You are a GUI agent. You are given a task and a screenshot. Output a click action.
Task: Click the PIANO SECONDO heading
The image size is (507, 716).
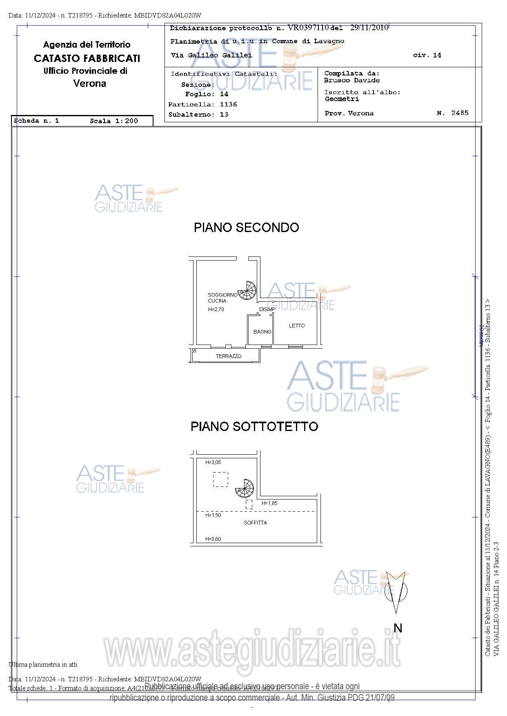pos(246,228)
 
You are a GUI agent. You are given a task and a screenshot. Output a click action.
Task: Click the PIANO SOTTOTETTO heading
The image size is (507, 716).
pos(254,427)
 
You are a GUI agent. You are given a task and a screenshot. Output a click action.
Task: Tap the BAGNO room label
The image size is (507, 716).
pos(262,332)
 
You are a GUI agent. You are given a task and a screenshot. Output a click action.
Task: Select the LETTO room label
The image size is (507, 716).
pos(297,326)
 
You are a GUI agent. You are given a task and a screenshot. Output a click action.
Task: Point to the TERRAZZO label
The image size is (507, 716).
pos(229,356)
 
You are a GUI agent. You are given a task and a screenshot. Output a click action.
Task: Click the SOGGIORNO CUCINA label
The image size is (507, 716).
pos(222,298)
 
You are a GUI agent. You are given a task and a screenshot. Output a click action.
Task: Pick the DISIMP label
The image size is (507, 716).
pos(267,309)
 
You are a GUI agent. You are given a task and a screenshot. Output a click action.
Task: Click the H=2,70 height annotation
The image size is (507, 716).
pos(216,309)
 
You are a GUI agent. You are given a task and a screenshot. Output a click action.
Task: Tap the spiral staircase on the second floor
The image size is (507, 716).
pos(247,290)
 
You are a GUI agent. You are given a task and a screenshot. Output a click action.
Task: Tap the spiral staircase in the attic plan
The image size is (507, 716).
pos(245,488)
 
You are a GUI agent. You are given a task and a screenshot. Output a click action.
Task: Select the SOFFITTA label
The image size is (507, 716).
pos(255,523)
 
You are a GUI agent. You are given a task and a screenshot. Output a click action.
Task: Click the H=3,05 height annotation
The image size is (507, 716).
pos(213,462)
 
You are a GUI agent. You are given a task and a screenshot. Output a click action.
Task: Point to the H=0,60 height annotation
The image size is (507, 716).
pos(213,539)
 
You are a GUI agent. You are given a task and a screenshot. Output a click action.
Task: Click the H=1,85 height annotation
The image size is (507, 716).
pos(269,504)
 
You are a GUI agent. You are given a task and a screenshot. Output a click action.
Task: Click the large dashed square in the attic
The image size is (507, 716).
pos(220,480)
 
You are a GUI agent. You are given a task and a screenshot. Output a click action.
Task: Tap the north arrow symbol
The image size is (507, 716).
pos(396,591)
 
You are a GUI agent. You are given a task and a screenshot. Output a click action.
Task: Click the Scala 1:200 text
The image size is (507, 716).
pos(114,121)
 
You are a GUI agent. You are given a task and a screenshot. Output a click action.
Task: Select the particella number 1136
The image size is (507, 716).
pos(228,104)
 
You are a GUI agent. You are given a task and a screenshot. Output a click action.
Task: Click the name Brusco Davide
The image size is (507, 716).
pos(352,80)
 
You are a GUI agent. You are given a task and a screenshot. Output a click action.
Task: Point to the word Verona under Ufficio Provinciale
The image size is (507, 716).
pos(90,84)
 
